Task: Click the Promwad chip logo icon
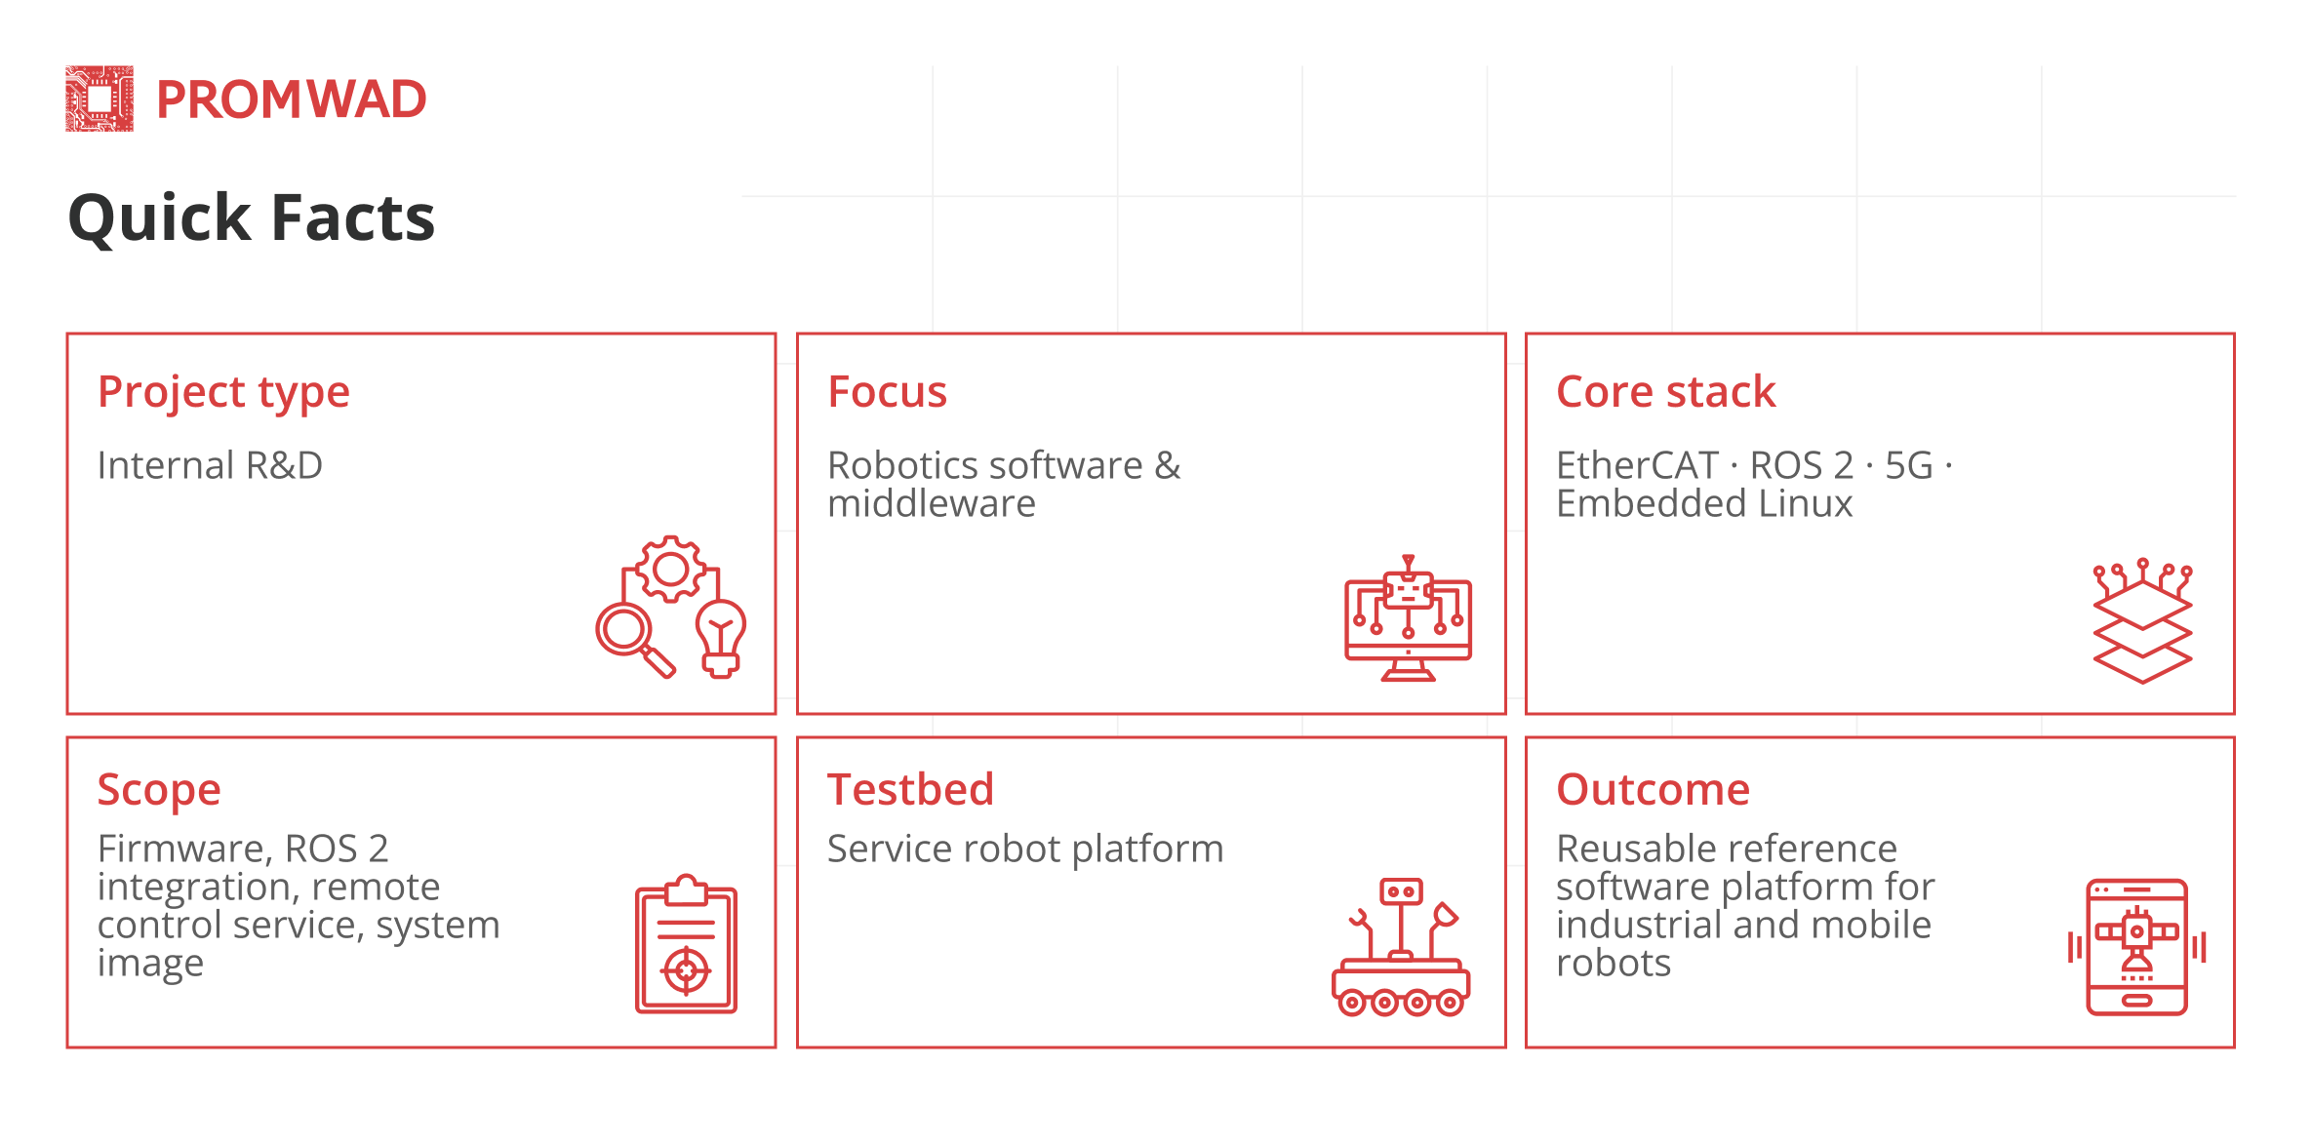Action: click(x=100, y=99)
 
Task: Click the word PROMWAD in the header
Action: click(x=291, y=99)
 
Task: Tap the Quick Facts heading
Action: click(x=252, y=217)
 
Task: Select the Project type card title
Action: click(x=223, y=392)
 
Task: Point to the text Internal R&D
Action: click(x=210, y=465)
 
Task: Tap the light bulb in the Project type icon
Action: click(x=721, y=639)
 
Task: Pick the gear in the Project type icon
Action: click(x=670, y=569)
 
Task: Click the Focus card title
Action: click(x=887, y=392)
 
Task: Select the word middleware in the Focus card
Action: click(x=932, y=504)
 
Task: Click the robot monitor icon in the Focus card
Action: click(x=1408, y=618)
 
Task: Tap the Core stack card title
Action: click(x=1665, y=392)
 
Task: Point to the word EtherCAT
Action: click(x=1637, y=465)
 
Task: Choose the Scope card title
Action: click(x=159, y=790)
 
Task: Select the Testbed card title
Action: click(x=910, y=789)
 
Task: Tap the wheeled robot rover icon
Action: click(x=1401, y=947)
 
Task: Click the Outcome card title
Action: click(x=1653, y=789)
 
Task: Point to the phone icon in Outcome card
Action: click(x=2136, y=947)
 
